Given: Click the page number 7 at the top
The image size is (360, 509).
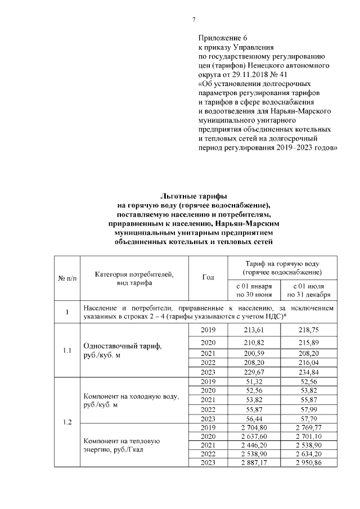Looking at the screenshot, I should (193, 20).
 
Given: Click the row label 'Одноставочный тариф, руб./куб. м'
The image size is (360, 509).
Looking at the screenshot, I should (122, 350).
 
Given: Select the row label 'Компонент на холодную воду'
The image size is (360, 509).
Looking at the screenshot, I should (130, 401).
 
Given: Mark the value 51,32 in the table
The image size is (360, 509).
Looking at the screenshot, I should (254, 381).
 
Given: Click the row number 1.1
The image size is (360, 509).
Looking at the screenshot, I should (67, 350).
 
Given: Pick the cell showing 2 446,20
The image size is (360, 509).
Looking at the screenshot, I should (254, 445).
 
